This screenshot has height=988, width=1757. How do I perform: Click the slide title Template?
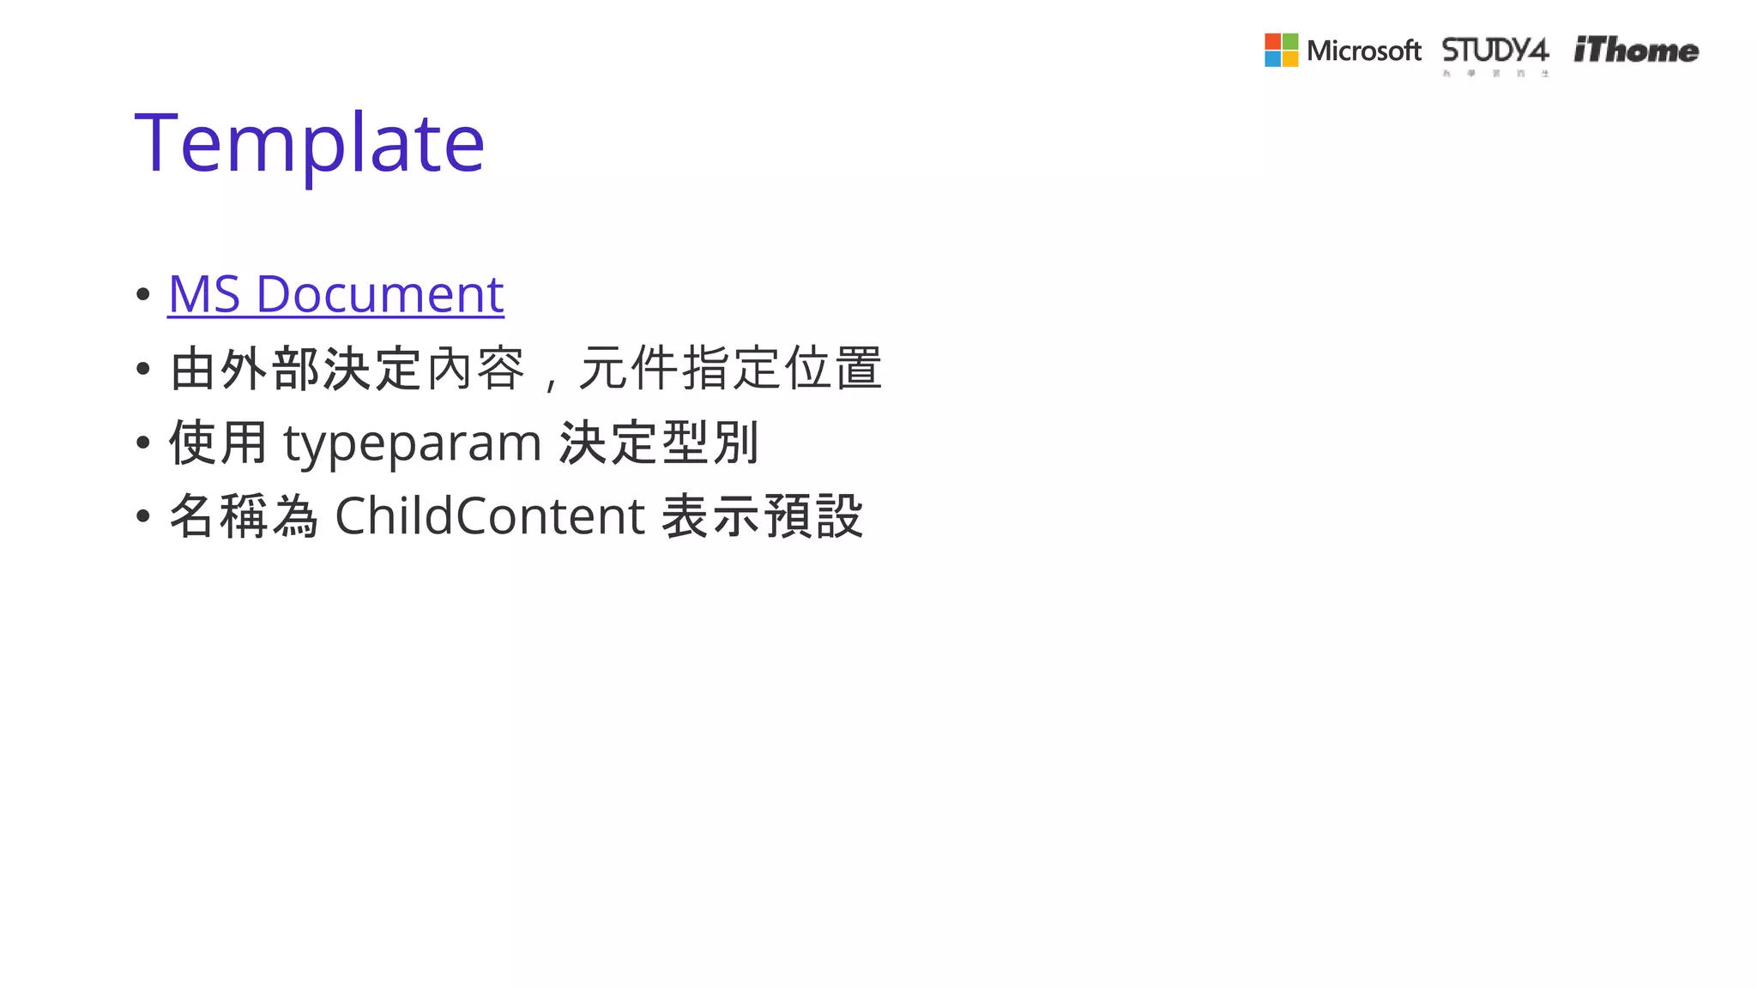tap(310, 143)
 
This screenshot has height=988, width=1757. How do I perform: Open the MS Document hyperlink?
tap(335, 294)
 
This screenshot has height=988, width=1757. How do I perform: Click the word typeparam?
tap(412, 443)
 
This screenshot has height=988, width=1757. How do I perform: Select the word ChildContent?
tap(489, 516)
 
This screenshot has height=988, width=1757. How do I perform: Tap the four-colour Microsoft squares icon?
tap(1281, 51)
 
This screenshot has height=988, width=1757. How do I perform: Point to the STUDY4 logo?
tap(1494, 50)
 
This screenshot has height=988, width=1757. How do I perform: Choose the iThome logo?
tap(1636, 51)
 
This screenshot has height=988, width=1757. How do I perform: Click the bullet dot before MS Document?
tap(143, 295)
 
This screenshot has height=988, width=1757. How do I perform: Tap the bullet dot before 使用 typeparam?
tap(143, 443)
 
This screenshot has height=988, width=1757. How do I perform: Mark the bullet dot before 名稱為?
tap(143, 516)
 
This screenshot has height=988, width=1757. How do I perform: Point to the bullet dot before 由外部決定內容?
tap(143, 370)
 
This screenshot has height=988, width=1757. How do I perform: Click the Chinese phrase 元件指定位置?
tap(730, 369)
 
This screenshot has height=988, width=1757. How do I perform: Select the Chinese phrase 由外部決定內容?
tap(347, 369)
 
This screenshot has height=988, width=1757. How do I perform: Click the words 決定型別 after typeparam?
tap(658, 443)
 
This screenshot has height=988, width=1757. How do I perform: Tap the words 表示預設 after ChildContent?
tap(762, 516)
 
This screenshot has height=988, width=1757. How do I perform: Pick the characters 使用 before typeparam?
tap(218, 443)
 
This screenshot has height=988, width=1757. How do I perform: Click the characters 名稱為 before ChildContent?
tap(244, 516)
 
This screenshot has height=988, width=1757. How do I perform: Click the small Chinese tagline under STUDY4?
tap(1495, 74)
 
